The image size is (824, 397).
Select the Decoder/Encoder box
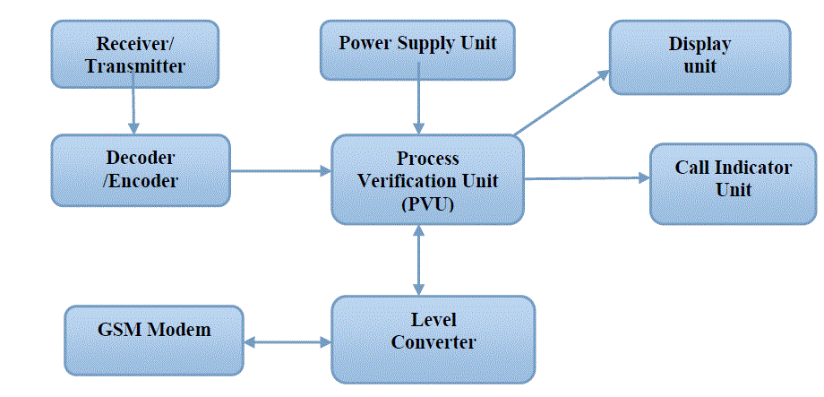141,168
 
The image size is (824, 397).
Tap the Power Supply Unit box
417,49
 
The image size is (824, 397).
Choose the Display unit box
700,56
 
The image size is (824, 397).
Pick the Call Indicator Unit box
733,178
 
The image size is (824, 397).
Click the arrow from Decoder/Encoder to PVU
279,170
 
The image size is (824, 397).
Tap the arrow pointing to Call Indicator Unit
587,178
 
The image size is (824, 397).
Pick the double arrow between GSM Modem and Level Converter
287,341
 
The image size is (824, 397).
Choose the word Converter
433,341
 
